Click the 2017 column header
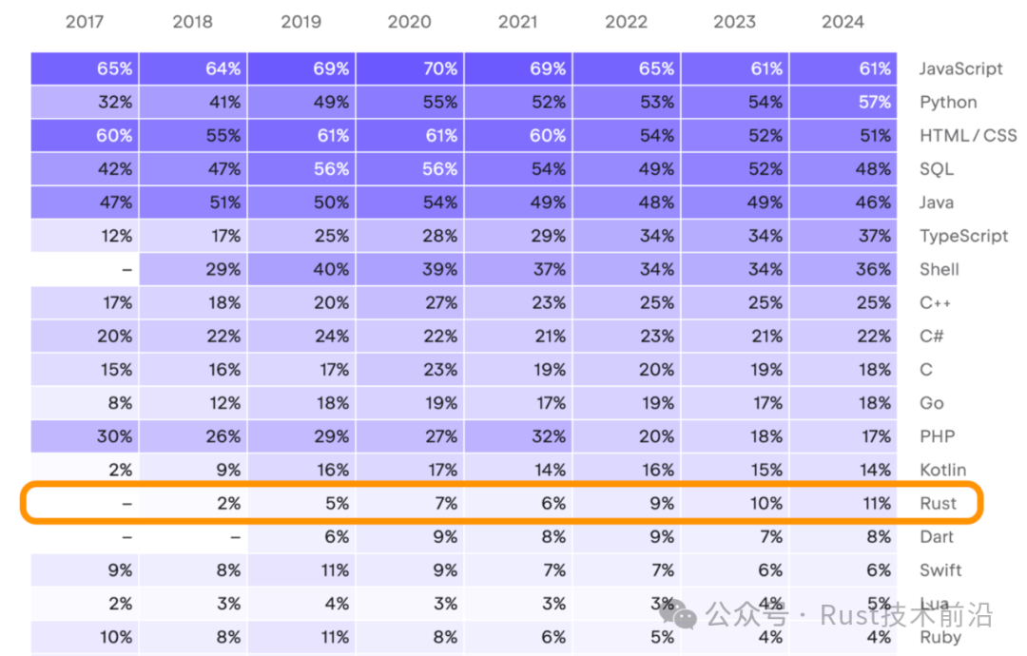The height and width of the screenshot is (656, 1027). click(85, 22)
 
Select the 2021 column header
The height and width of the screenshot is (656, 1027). click(517, 22)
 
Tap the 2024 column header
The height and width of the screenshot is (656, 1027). click(843, 22)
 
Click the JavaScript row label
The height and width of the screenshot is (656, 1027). click(960, 68)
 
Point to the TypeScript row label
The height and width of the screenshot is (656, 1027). click(963, 236)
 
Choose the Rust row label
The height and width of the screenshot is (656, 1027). click(938, 504)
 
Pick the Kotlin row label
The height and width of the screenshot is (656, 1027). click(942, 470)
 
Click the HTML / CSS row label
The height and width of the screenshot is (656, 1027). click(968, 136)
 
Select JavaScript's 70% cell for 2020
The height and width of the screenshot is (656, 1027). click(409, 68)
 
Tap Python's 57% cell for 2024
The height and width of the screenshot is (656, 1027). click(843, 102)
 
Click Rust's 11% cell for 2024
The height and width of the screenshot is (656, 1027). click(843, 504)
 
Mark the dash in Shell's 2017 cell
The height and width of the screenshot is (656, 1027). click(127, 270)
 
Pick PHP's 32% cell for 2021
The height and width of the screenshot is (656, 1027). click(518, 436)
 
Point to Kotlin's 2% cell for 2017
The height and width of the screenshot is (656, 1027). click(85, 470)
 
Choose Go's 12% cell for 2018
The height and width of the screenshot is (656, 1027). click(193, 403)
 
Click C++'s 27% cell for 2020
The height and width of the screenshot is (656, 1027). click(409, 303)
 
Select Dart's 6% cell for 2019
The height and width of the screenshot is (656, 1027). click(301, 537)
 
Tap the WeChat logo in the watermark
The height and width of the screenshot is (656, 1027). click(677, 614)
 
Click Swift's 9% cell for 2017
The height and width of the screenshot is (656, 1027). click(85, 570)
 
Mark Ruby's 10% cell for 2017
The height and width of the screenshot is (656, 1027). click(85, 637)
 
